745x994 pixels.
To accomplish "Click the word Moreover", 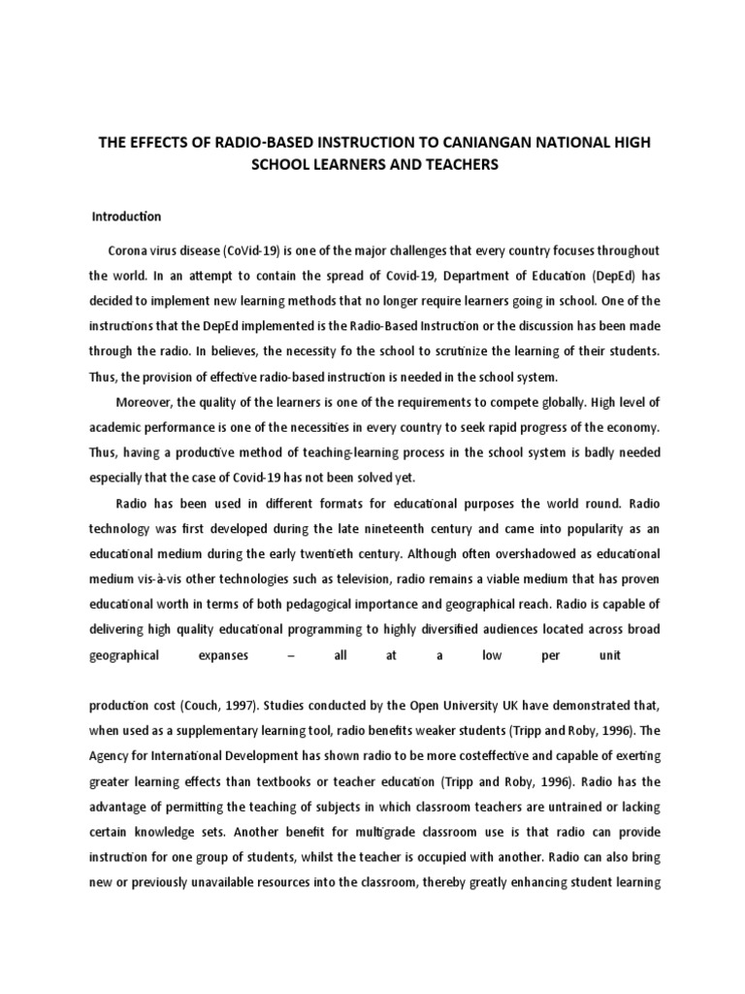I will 146,402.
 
